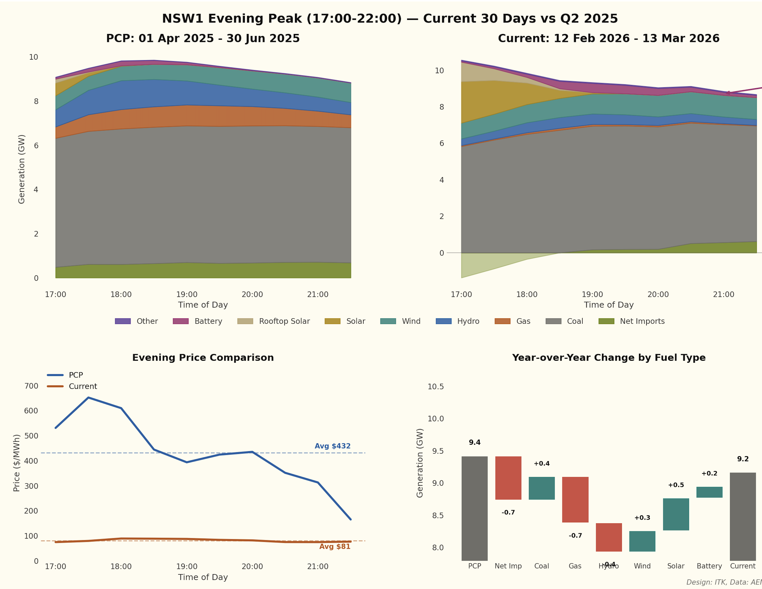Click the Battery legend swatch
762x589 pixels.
pos(180,321)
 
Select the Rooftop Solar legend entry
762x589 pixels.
pos(284,321)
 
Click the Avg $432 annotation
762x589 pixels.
pos(332,446)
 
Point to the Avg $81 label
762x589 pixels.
pos(335,546)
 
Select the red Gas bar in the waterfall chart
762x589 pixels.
pos(575,499)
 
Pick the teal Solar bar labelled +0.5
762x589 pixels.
pos(676,514)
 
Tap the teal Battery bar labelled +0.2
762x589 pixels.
pos(709,492)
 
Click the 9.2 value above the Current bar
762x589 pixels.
pos(743,459)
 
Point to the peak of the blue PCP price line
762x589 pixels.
pos(88,398)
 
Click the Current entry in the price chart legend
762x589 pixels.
pos(83,386)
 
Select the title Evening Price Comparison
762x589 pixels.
pos(203,358)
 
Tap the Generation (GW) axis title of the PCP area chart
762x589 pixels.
pos(22,169)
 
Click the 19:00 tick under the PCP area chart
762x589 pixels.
pos(187,294)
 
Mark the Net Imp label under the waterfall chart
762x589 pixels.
pos(508,566)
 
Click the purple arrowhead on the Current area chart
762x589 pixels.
pos(728,93)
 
